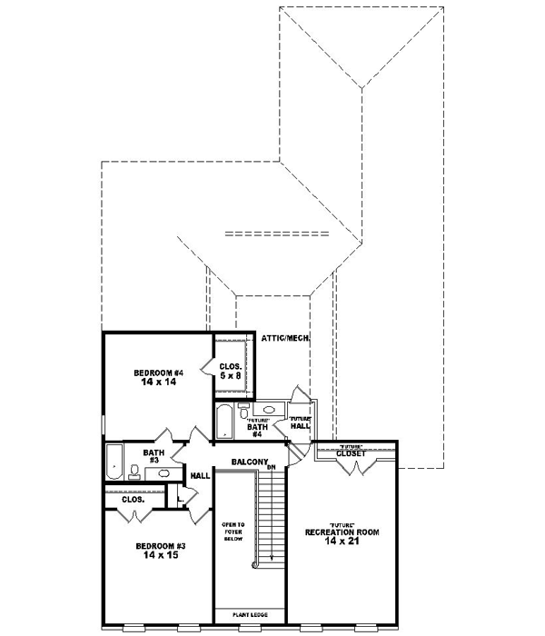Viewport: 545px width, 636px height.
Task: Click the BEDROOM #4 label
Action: click(159, 372)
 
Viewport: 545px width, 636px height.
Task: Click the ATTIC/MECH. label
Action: click(286, 337)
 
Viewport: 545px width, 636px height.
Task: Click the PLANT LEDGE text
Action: click(250, 614)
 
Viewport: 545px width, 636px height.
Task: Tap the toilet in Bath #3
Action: click(134, 471)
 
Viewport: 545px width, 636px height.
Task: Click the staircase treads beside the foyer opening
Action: click(266, 518)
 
